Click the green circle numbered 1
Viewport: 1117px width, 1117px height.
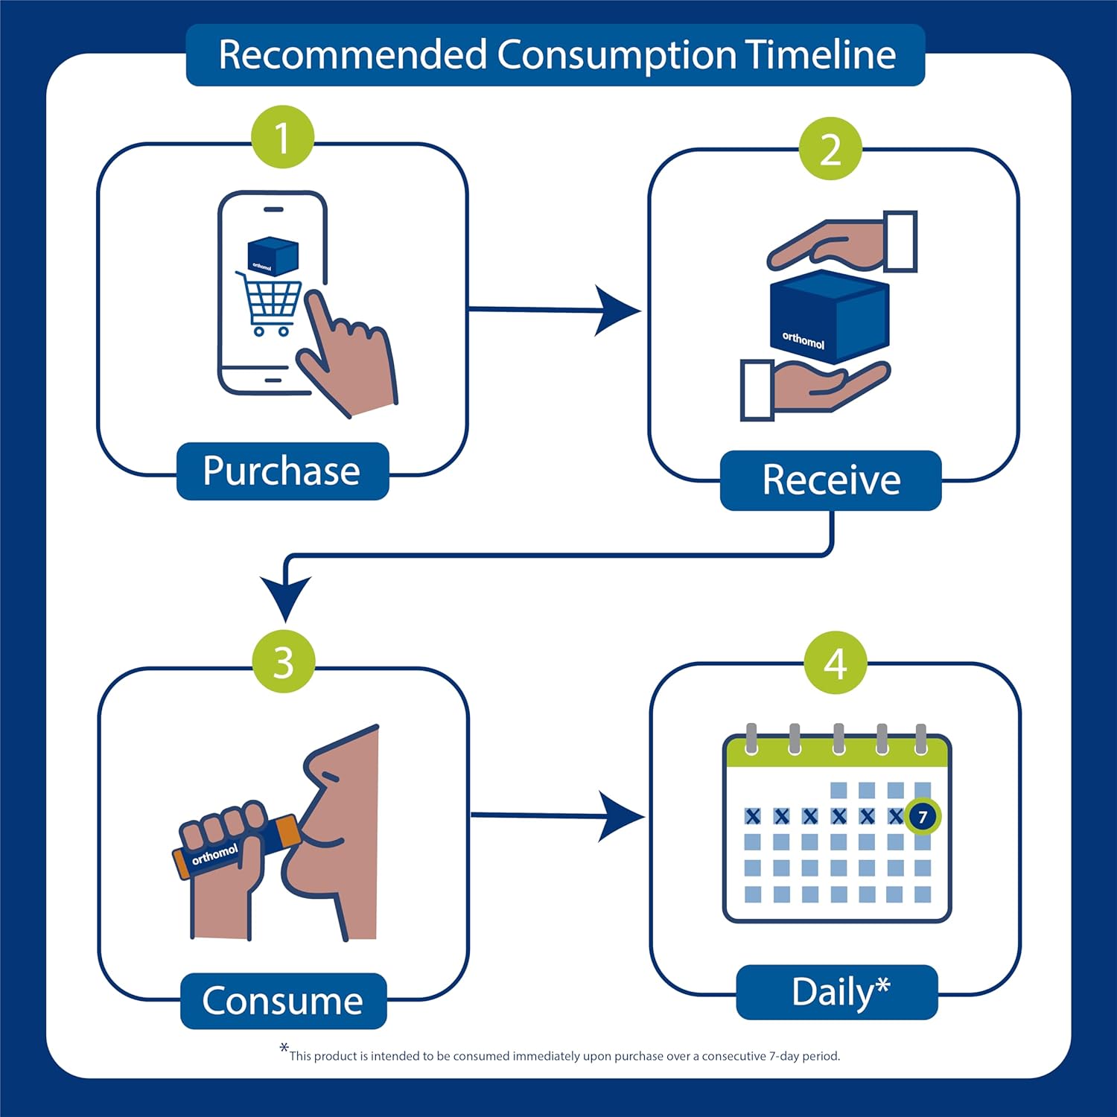tap(282, 138)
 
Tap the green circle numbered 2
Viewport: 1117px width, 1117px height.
tap(830, 149)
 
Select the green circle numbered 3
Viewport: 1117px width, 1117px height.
tap(283, 661)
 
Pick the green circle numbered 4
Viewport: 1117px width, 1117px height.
tap(836, 663)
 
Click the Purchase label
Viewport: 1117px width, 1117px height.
tap(282, 471)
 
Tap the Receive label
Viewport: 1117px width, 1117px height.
tap(830, 480)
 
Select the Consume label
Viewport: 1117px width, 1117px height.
tap(283, 1001)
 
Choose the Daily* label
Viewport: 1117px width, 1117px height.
tap(837, 992)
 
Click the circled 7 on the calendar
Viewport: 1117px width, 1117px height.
tap(923, 817)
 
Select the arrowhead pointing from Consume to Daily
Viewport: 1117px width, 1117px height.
tap(620, 817)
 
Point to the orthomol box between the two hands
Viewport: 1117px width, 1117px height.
tap(829, 316)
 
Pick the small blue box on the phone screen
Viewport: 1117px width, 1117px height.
tap(273, 255)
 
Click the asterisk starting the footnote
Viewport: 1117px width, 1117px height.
tap(284, 1048)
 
